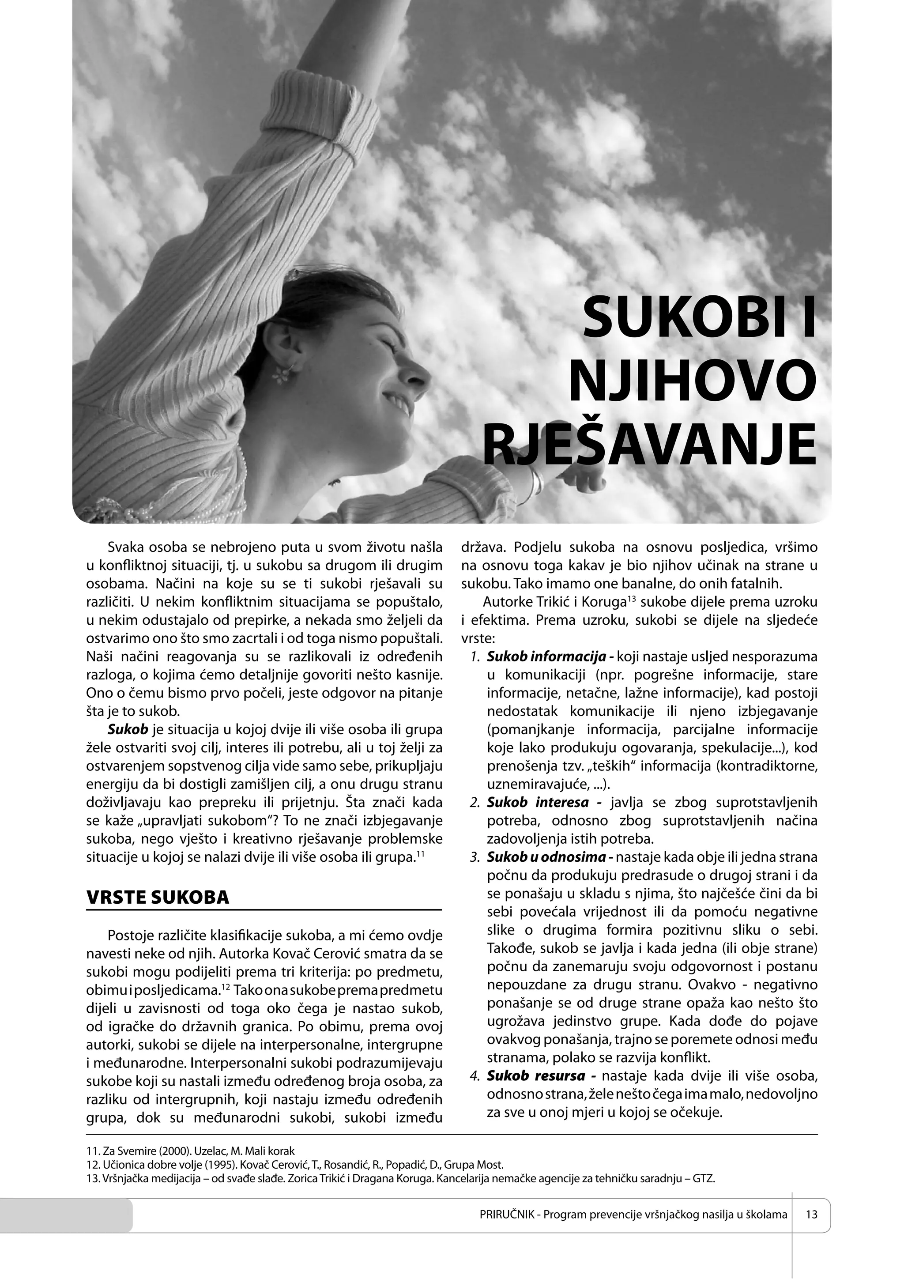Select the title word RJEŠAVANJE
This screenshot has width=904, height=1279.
click(649, 447)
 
